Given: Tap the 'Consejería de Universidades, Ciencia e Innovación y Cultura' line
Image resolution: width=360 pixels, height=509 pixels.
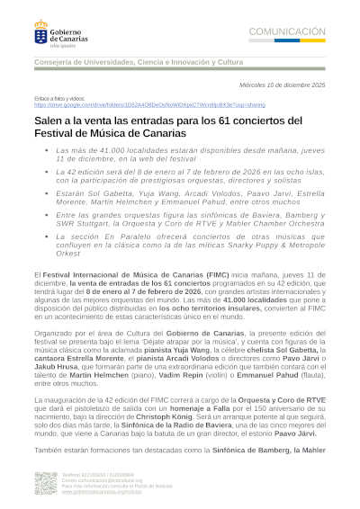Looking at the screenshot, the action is [x=139, y=62].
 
